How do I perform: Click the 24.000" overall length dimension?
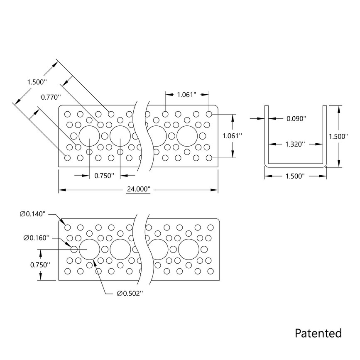pyautogui.click(x=137, y=190)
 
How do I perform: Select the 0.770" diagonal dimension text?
pyautogui.click(x=50, y=97)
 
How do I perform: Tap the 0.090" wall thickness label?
pyautogui.click(x=296, y=119)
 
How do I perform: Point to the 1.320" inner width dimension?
pyautogui.click(x=295, y=144)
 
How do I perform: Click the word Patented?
pyautogui.click(x=318, y=333)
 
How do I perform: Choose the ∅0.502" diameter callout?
pyautogui.click(x=130, y=294)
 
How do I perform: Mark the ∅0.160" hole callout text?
pyautogui.click(x=37, y=238)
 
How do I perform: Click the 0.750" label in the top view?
pyautogui.click(x=104, y=176)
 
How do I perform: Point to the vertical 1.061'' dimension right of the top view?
pyautogui.click(x=232, y=135)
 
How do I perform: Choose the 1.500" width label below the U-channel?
pyautogui.click(x=295, y=176)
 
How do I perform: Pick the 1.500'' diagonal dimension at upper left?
pyautogui.click(x=37, y=81)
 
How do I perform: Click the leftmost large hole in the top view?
pyautogui.click(x=89, y=136)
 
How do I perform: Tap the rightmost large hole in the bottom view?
pyautogui.click(x=189, y=249)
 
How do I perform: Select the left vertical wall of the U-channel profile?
pyautogui.click(x=267, y=135)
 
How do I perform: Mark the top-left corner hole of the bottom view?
pyautogui.click(x=68, y=227)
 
